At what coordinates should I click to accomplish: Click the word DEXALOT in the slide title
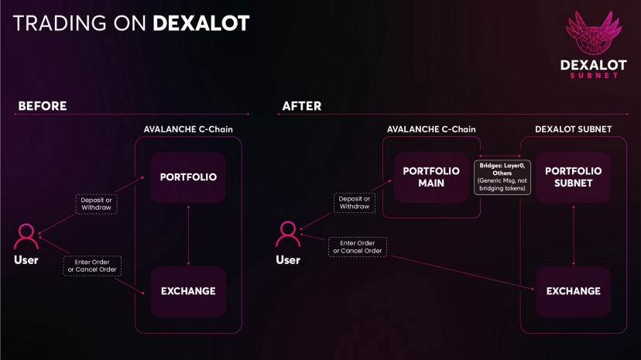click(201, 23)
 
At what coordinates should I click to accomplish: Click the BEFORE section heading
click(42, 106)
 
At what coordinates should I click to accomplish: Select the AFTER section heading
click(301, 106)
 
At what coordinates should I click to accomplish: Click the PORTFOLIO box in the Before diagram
click(188, 177)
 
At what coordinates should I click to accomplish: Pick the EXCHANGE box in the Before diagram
click(188, 291)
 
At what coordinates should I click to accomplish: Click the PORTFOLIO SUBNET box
click(574, 177)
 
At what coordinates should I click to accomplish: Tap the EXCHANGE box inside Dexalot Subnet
click(574, 291)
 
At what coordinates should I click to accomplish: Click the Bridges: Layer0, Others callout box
click(502, 177)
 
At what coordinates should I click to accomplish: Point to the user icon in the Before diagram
click(26, 235)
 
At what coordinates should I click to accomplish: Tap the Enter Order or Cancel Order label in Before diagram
click(91, 266)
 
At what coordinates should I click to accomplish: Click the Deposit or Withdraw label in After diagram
click(355, 202)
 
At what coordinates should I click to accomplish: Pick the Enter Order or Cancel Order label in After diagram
click(357, 246)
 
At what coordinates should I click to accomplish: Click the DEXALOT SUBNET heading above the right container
click(573, 129)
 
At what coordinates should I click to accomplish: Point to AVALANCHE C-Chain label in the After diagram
click(431, 129)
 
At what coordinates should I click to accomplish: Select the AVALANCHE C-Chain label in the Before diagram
click(189, 129)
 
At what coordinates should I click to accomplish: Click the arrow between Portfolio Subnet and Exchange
click(574, 235)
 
